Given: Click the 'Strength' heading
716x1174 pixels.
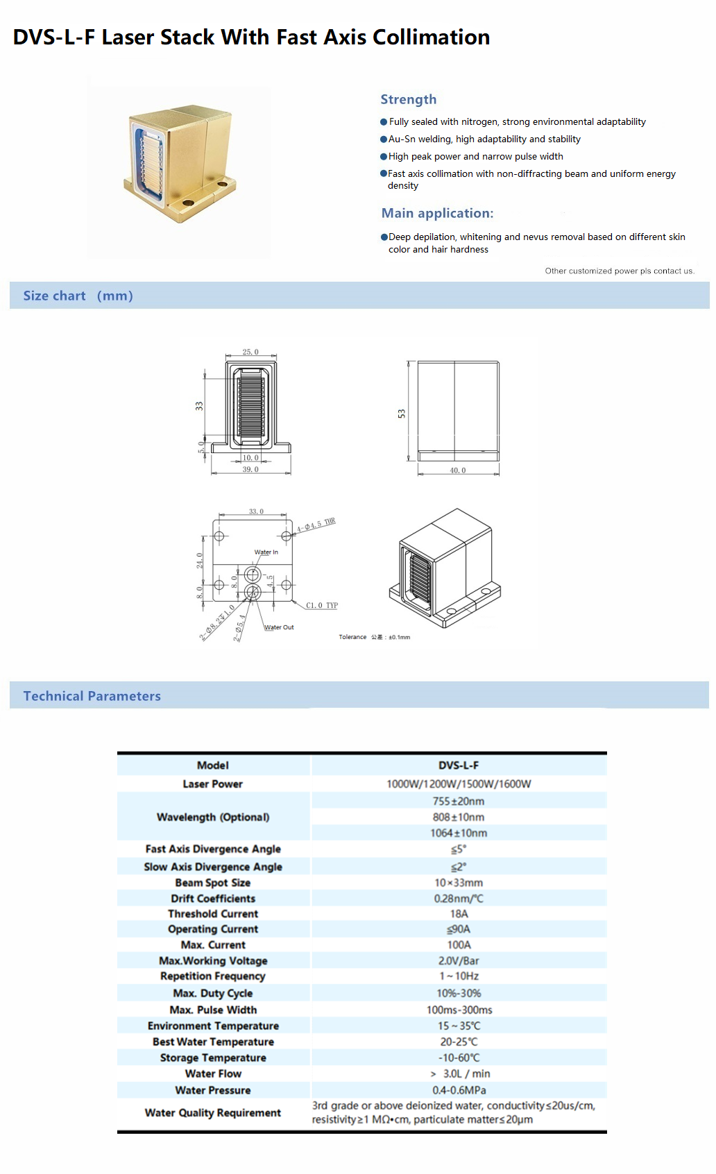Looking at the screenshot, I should point(408,99).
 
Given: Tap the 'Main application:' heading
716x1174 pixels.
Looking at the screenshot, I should point(437,213).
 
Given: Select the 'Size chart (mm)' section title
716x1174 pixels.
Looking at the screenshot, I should point(78,296).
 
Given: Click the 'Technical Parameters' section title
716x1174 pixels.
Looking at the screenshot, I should point(92,696).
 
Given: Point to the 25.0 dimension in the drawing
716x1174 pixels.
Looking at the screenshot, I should point(250,352).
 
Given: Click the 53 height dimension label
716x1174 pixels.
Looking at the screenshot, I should point(402,414).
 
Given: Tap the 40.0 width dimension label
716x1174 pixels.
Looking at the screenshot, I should point(458,470).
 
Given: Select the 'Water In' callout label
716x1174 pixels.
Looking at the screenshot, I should point(266,552).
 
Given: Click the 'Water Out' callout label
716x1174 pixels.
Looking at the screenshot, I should point(279,627).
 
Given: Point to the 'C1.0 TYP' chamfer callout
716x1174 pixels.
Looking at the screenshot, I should point(322,605).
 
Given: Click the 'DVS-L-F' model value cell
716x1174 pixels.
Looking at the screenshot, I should point(459,765).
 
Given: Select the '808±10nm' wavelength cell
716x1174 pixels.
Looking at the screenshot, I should point(459,817).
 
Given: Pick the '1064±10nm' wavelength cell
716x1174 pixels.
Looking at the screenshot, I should point(459,833).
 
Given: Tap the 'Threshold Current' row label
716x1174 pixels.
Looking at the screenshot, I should point(213,914).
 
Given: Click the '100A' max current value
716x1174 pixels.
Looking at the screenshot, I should point(459,945).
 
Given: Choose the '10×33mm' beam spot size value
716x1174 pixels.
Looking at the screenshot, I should point(459,883).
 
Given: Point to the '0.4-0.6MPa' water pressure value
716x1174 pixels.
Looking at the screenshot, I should point(459,1090).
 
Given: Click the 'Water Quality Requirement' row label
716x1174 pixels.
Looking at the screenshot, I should point(213,1113).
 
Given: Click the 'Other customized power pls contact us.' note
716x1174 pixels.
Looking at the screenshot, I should point(620,271).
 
